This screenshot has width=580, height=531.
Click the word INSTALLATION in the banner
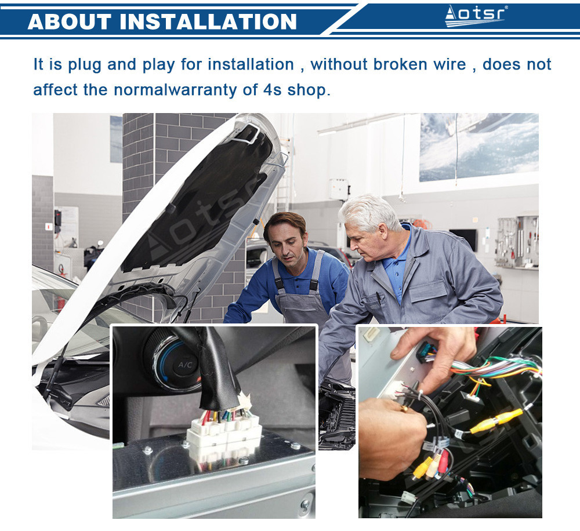208,21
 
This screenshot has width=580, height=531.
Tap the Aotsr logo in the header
476,16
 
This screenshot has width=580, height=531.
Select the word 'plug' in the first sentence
84,65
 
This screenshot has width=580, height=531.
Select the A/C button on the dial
185,365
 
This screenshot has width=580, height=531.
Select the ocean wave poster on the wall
479,147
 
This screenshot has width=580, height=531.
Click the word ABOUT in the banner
69,21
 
